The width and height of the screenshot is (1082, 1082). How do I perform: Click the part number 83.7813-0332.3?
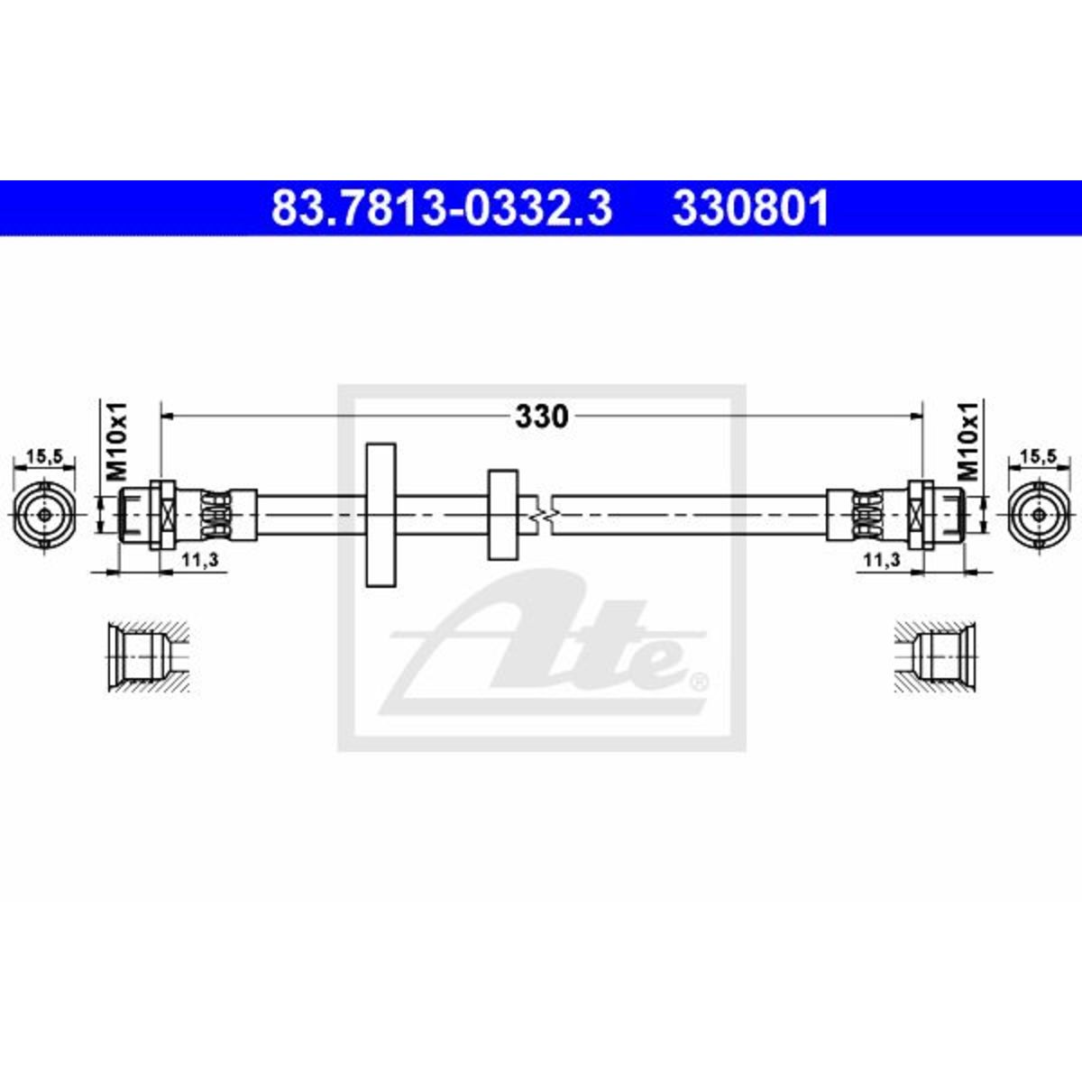coord(441,208)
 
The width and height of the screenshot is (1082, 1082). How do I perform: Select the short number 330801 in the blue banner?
coord(751,208)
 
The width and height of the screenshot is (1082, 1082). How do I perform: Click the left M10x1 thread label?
coord(118,441)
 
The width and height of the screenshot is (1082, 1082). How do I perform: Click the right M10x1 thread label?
coord(968,441)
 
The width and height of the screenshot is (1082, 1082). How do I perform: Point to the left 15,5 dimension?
coord(44,457)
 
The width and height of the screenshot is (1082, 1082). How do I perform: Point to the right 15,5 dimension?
coord(1039,457)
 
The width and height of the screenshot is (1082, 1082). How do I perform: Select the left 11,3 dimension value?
coord(199,559)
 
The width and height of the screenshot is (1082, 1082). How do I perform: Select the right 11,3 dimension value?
coord(882,559)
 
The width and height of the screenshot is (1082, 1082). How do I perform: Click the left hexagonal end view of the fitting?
coord(44,514)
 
